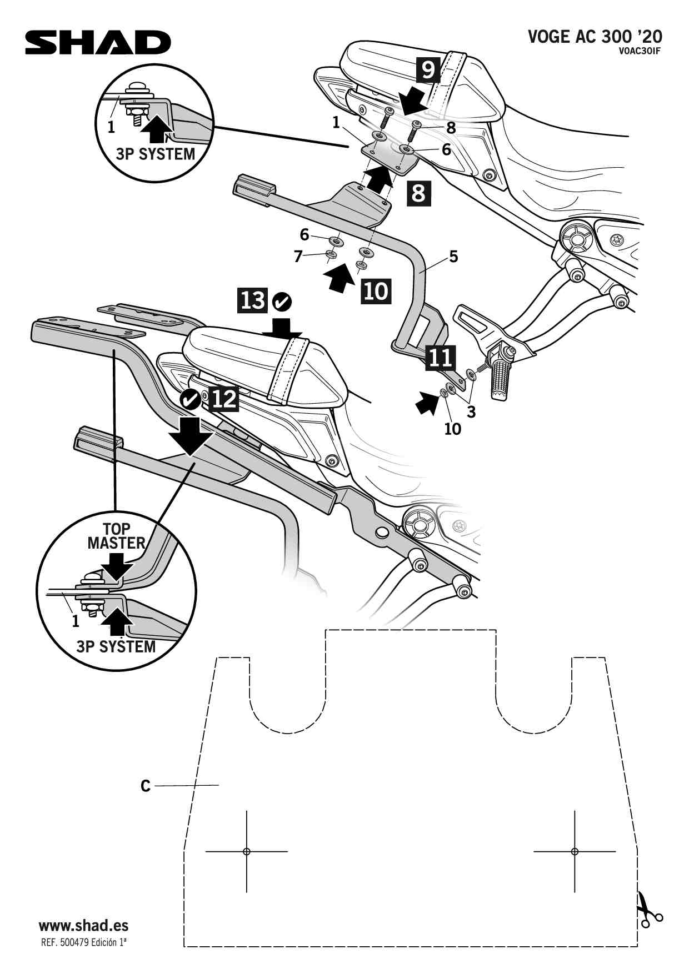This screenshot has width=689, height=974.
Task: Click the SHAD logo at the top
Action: point(98,43)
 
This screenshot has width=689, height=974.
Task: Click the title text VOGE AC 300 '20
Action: point(595,37)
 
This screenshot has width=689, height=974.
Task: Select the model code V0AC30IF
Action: point(639,52)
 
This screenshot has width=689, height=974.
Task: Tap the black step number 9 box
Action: point(428,70)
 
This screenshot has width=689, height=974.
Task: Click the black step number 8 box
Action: point(419,193)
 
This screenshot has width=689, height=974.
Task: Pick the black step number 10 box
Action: point(376,291)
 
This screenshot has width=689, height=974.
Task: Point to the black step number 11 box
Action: point(440,358)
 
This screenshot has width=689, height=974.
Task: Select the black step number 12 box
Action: point(224,398)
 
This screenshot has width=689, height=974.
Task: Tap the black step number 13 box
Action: point(253,300)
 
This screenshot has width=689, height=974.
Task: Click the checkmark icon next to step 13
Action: point(282,302)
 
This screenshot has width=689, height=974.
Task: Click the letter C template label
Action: point(146,786)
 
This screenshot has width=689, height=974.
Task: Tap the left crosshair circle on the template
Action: point(247,851)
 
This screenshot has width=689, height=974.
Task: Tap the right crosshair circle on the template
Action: point(575,851)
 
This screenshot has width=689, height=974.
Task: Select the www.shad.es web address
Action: point(83,926)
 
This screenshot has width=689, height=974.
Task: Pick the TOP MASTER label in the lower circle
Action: point(116,536)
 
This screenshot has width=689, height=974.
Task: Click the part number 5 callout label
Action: point(453,257)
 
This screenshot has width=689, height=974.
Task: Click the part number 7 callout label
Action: point(298,256)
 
